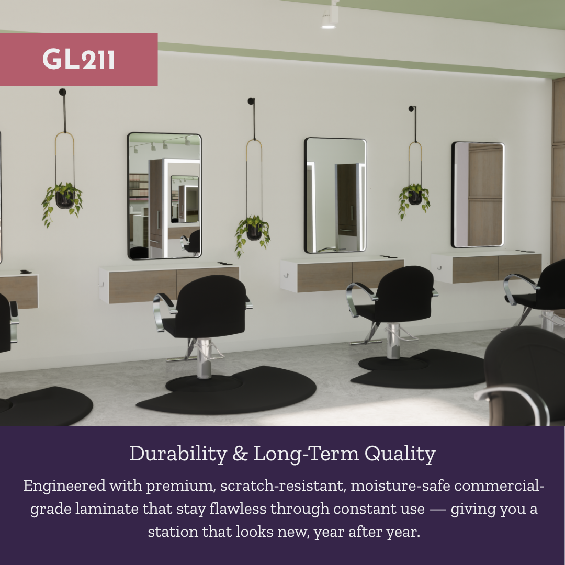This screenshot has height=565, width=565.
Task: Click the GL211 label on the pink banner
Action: point(78,60)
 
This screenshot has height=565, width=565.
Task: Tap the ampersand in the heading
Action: point(240,454)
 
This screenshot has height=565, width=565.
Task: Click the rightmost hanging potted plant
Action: point(414,196)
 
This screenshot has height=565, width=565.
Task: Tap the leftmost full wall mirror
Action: point(164,196)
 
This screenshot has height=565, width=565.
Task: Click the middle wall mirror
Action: point(335,195)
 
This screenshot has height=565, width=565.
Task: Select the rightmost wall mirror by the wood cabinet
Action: point(478,194)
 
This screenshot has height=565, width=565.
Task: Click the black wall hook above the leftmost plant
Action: point(63,93)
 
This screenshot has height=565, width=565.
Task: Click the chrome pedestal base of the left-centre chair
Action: point(204,358)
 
